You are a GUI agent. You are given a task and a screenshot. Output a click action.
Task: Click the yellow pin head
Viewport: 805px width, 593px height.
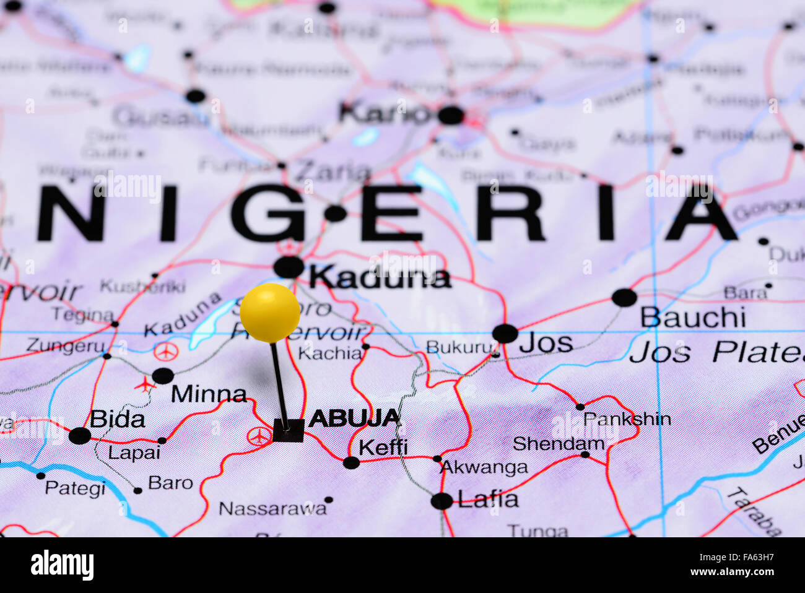pyautogui.click(x=270, y=313)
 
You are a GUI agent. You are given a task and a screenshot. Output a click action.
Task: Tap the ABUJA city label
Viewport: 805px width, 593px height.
pyautogui.click(x=355, y=418)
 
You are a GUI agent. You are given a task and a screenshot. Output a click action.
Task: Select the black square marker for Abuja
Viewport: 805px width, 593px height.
pyautogui.click(x=289, y=431)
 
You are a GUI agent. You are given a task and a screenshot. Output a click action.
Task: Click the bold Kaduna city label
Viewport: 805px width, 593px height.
pyautogui.click(x=380, y=278)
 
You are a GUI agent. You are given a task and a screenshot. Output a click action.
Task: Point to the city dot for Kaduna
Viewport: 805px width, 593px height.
pyautogui.click(x=289, y=267)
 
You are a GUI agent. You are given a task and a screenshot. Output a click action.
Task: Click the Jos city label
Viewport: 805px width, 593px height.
pyautogui.click(x=546, y=342)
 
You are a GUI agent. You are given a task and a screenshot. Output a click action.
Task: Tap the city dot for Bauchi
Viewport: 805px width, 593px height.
pyautogui.click(x=624, y=297)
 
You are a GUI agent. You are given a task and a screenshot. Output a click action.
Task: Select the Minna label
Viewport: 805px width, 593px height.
pyautogui.click(x=209, y=394)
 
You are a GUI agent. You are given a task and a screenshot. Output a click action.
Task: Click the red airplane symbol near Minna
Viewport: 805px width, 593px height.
pyautogui.click(x=145, y=384)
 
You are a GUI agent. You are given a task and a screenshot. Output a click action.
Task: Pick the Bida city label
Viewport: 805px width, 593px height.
pyautogui.click(x=118, y=419)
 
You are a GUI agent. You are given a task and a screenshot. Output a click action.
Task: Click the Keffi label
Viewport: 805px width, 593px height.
pyautogui.click(x=383, y=447)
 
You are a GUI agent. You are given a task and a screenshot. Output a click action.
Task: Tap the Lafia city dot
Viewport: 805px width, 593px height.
pyautogui.click(x=442, y=501)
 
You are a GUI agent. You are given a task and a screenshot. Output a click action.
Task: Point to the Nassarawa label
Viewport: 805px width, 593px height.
pyautogui.click(x=272, y=509)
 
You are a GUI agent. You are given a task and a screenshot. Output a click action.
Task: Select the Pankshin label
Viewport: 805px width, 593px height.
pyautogui.click(x=627, y=419)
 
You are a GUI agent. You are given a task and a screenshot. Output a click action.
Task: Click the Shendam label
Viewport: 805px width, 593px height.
pyautogui.click(x=559, y=443)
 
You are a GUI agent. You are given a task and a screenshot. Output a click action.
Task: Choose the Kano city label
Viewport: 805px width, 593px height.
pyautogui.click(x=385, y=113)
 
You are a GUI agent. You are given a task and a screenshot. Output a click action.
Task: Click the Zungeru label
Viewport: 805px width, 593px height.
pyautogui.click(x=66, y=346)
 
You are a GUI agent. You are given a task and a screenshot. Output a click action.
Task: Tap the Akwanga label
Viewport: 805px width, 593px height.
pyautogui.click(x=484, y=468)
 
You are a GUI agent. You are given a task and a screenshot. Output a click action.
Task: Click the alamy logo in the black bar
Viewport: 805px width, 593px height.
pyautogui.click(x=62, y=565)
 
